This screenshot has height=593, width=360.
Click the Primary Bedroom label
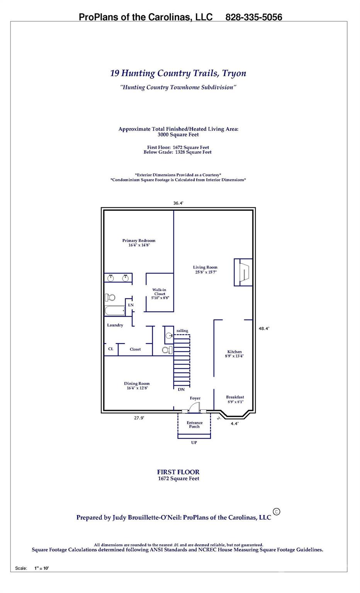tap(139, 241)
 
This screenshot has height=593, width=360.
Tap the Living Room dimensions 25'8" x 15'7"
tap(206, 272)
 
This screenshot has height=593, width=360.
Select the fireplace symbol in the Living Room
tap(243, 272)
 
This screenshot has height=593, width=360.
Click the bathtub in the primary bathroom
tap(115, 310)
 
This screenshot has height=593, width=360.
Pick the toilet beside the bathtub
tap(110, 297)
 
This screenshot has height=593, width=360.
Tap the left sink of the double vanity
tap(110, 278)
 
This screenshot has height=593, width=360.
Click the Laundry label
tap(115, 325)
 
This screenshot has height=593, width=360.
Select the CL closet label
tap(111, 349)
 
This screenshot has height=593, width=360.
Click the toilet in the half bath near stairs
tap(167, 350)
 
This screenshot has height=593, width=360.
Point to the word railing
tap(182, 330)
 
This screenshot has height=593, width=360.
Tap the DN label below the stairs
tap(181, 390)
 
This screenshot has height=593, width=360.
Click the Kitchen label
tap(234, 352)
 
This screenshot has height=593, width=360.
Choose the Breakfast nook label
tap(235, 397)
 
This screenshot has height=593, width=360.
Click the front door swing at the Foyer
tap(194, 407)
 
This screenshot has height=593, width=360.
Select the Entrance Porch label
tap(194, 425)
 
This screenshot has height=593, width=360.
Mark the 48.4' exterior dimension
tap(264, 328)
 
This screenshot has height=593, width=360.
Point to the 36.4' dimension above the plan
tap(178, 203)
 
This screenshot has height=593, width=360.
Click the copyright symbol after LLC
tap(276, 512)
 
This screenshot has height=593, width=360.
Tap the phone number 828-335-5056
tap(253, 17)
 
